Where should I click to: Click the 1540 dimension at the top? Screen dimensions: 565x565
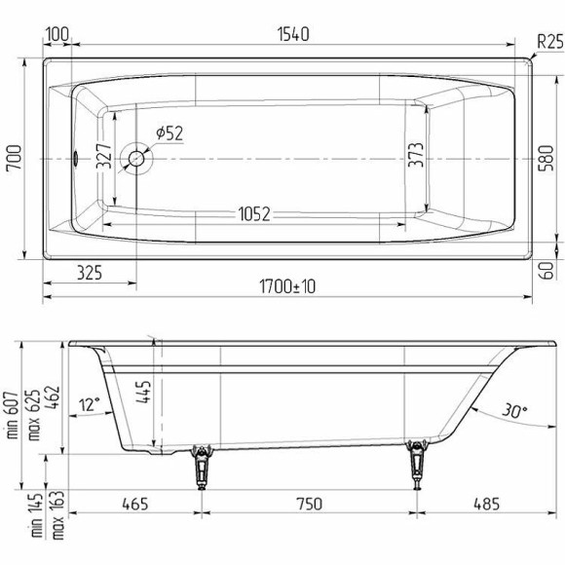coord(292,35)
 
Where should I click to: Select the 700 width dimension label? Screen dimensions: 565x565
coord(15,157)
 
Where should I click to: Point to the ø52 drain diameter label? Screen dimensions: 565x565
coord(168,133)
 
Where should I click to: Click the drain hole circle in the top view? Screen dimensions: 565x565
coord(137,157)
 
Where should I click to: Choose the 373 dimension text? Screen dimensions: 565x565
coord(414,157)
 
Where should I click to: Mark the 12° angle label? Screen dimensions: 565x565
coord(90,404)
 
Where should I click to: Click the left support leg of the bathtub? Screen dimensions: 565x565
coord(203,465)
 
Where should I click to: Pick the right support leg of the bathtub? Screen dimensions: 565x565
coord(419,465)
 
